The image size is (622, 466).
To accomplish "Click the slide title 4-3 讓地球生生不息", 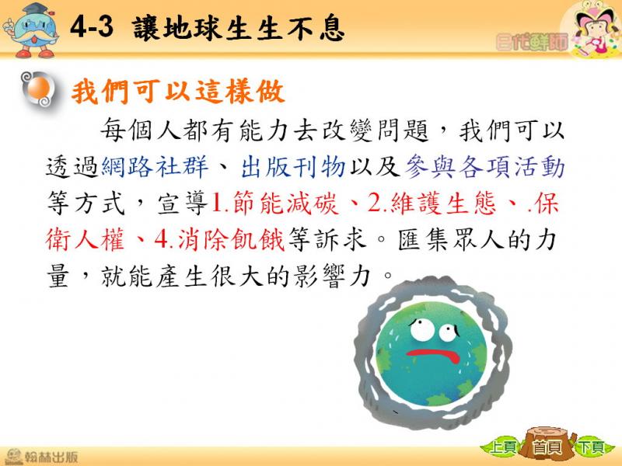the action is [x=207, y=29].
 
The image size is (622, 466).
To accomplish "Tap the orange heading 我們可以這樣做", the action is [x=178, y=92].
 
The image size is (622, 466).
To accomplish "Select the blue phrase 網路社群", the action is [x=155, y=167].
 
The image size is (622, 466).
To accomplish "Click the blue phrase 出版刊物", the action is [x=293, y=167].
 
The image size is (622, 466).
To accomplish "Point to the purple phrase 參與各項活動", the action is [x=484, y=167].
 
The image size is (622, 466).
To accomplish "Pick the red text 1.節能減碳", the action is [x=275, y=203].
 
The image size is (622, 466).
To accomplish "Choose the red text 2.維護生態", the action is [x=432, y=203].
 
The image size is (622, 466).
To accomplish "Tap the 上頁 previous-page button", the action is [x=502, y=447].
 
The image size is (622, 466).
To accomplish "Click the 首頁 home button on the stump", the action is [x=547, y=445].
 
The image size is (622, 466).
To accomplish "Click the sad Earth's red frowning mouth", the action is [x=434, y=355].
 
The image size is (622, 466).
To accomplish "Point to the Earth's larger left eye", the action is [x=422, y=329].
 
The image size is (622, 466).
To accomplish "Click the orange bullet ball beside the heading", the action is [x=39, y=89].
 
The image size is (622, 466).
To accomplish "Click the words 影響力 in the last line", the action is [x=333, y=276].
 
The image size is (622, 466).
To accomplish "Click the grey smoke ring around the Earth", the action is [x=365, y=356].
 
